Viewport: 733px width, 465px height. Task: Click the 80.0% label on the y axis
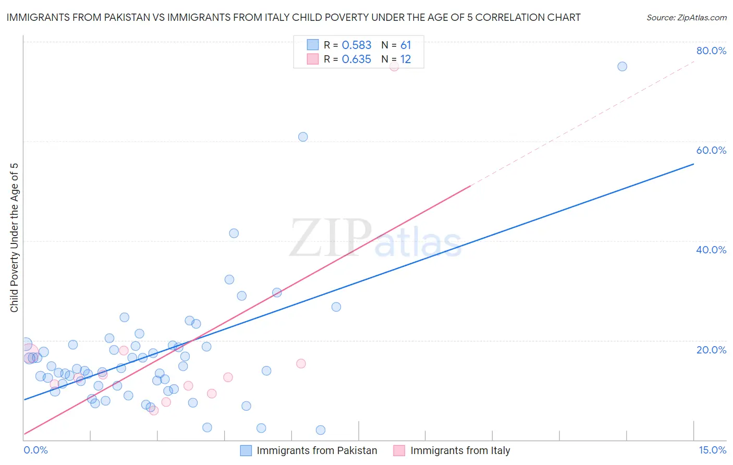click(711, 51)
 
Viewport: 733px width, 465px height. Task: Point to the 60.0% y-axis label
click(711, 150)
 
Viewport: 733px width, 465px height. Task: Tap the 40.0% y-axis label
click(711, 250)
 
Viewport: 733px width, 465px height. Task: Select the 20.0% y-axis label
click(711, 349)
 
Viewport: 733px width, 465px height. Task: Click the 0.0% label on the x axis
click(35, 450)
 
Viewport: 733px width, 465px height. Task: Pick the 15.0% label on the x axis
click(712, 450)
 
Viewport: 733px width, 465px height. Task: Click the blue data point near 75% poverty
click(622, 66)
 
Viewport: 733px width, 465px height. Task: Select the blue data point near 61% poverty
click(303, 137)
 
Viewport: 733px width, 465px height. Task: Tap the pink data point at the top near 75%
click(394, 66)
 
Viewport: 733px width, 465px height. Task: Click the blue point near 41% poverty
click(234, 233)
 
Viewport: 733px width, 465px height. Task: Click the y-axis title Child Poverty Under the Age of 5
click(14, 238)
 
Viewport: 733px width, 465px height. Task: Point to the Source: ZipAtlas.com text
click(686, 17)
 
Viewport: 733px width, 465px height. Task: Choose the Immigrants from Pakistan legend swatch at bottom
click(246, 450)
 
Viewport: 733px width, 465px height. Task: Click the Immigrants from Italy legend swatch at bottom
click(399, 450)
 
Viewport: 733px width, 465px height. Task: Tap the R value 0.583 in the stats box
click(357, 45)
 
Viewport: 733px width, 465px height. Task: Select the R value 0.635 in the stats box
click(357, 59)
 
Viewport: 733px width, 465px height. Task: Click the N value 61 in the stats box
click(406, 45)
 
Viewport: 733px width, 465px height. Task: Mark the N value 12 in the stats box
click(406, 59)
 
